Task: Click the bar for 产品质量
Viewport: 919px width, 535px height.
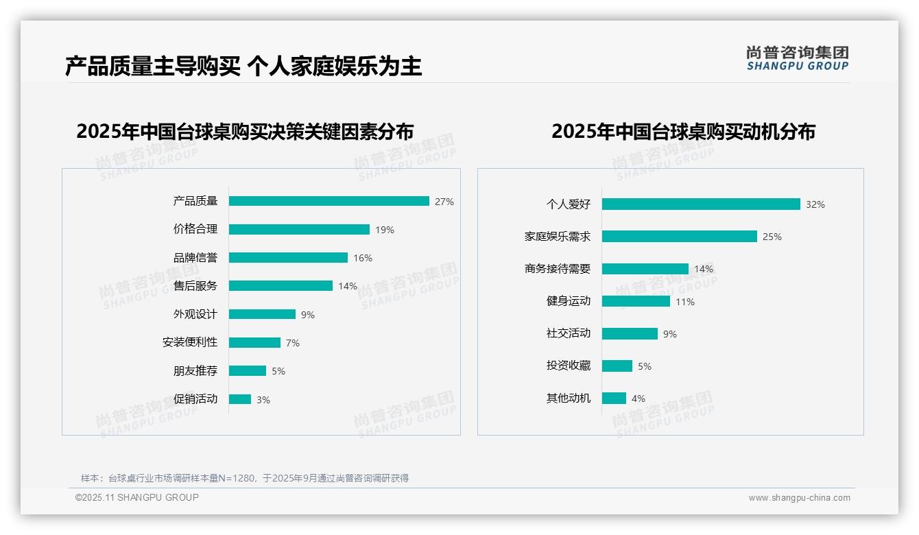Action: tap(329, 201)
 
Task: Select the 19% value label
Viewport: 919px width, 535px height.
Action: tap(385, 230)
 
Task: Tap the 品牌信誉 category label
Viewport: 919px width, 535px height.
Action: tap(195, 258)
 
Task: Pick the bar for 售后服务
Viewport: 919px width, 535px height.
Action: tap(281, 286)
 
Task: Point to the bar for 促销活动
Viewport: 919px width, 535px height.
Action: tap(240, 399)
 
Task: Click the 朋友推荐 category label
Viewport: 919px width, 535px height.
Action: tap(195, 371)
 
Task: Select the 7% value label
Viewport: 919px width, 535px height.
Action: tap(293, 343)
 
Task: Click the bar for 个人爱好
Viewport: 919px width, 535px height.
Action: tap(701, 204)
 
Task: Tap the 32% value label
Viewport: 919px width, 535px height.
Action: tap(815, 204)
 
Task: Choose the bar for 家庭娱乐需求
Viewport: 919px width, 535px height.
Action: tap(679, 237)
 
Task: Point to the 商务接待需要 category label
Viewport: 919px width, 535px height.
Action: tap(558, 269)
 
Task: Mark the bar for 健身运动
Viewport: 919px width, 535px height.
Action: tap(636, 301)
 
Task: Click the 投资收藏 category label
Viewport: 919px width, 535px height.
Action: tap(569, 366)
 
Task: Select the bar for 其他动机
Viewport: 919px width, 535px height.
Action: tap(614, 399)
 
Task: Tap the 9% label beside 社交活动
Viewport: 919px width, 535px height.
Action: tap(670, 334)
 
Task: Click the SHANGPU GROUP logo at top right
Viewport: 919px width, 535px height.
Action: tap(798, 58)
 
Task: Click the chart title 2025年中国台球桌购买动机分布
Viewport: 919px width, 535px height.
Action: tap(683, 132)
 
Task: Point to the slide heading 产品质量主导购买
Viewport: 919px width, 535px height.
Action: tap(152, 67)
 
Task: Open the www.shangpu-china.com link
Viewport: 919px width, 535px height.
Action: tap(799, 498)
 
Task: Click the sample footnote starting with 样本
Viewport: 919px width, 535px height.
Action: tap(245, 478)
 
